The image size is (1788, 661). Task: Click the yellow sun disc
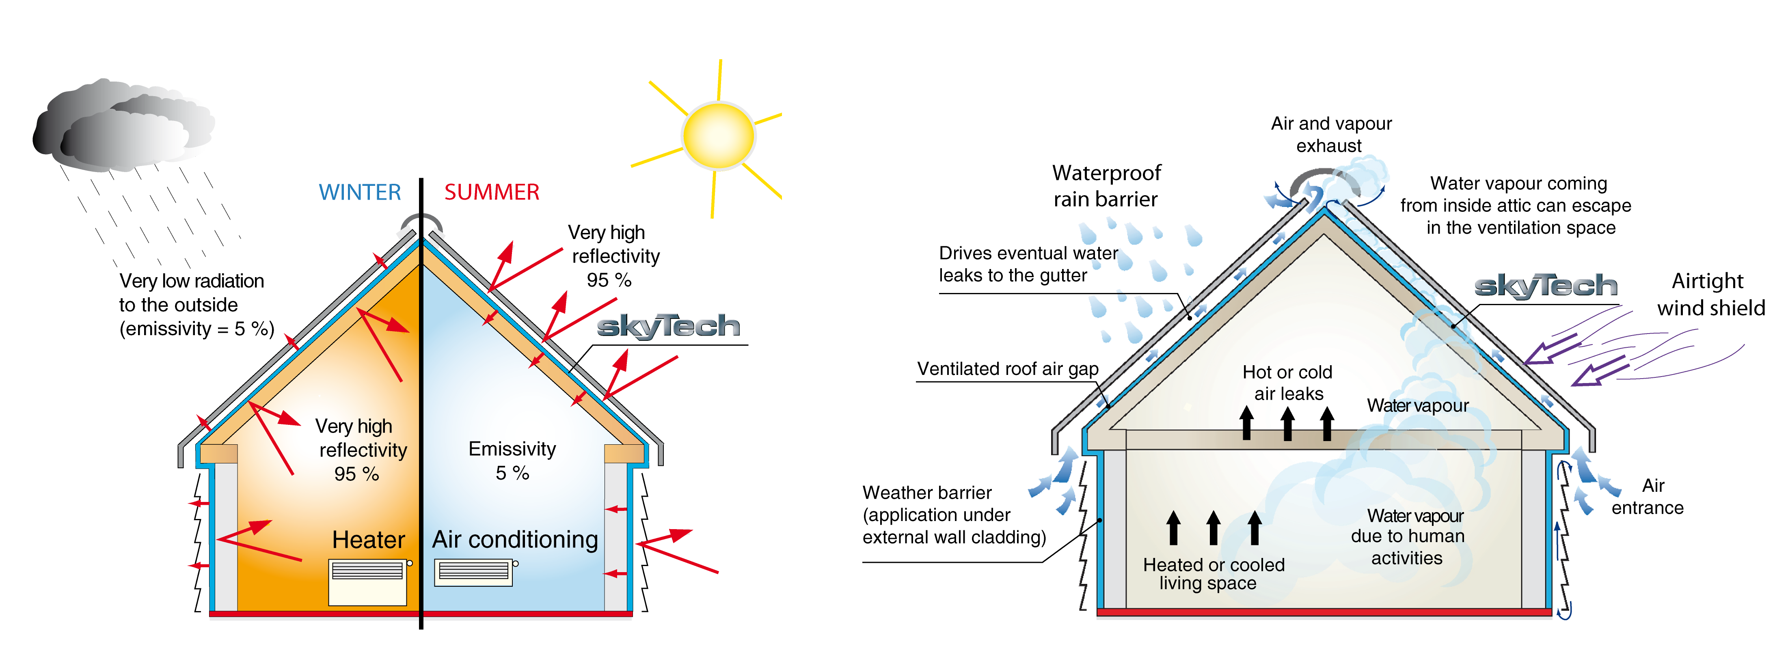point(718,136)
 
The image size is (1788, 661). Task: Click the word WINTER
point(360,192)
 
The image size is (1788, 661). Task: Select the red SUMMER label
point(491,192)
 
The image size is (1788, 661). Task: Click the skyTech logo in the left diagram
point(668,326)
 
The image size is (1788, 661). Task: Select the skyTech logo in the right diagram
point(1545,286)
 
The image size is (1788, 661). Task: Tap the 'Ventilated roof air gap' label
point(1007,369)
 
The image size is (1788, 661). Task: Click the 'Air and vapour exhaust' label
point(1330,135)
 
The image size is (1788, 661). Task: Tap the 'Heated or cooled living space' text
point(1213,574)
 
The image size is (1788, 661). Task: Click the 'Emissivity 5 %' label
point(512,461)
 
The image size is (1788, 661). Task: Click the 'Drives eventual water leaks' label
point(1027,264)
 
